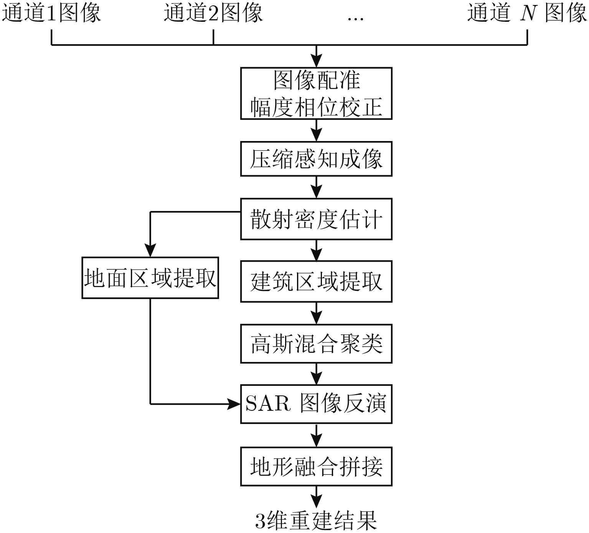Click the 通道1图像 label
(x=52, y=13)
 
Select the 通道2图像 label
(x=213, y=13)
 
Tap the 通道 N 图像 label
(x=527, y=13)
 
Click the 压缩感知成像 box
(x=316, y=159)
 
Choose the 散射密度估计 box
(x=316, y=219)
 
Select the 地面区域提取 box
(x=150, y=278)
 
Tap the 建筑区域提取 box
(x=316, y=281)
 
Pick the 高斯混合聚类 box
(x=316, y=343)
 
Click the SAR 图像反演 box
(x=316, y=404)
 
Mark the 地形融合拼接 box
(x=316, y=466)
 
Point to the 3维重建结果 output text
(x=316, y=520)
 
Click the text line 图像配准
(x=316, y=80)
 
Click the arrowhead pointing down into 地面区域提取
(x=150, y=251)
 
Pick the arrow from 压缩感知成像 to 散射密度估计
(x=316, y=187)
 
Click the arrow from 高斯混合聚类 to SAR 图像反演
(x=316, y=374)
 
